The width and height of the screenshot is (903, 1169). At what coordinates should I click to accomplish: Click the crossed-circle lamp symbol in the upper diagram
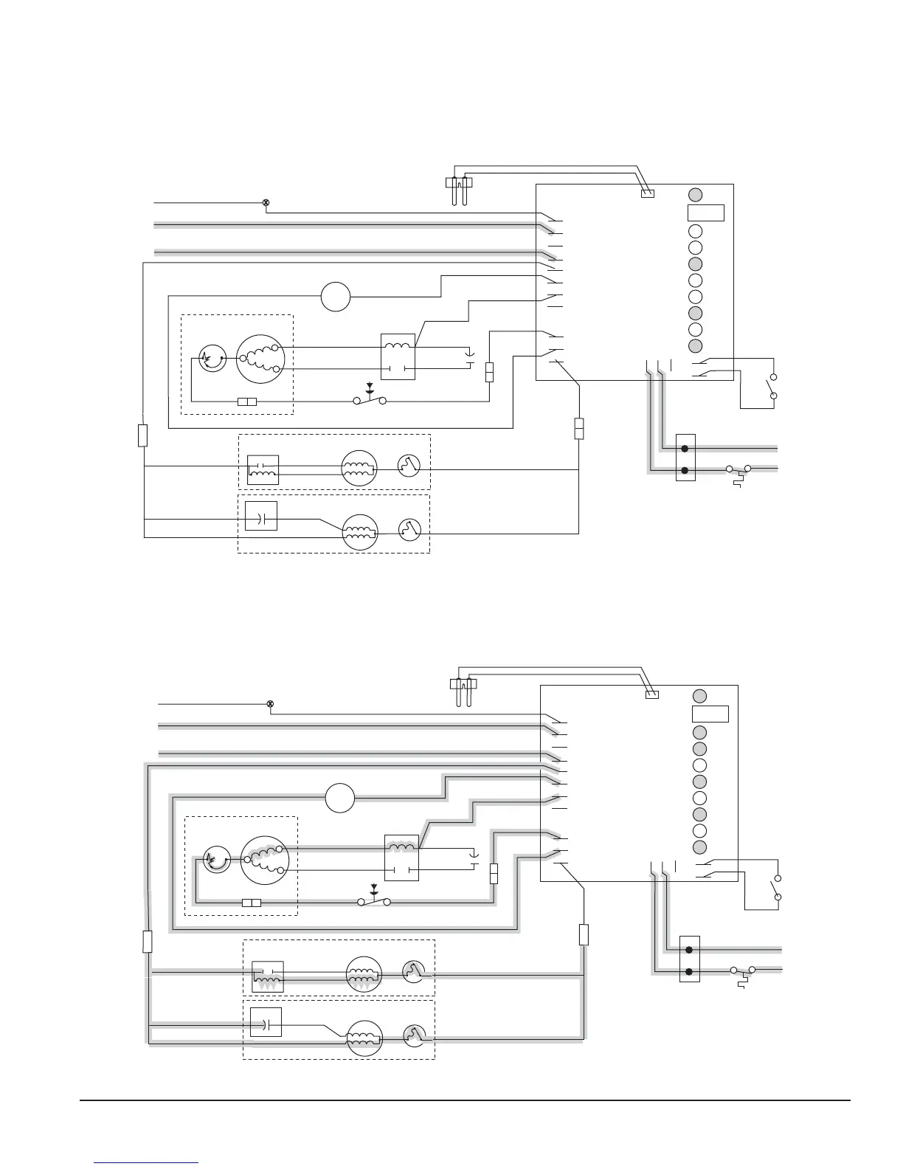[x=266, y=202]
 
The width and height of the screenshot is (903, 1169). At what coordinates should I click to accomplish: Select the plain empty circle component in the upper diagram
[x=336, y=297]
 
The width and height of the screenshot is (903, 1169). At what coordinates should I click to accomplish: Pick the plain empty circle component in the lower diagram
[x=340, y=798]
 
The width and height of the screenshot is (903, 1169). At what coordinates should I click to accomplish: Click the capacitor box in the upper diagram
[x=260, y=517]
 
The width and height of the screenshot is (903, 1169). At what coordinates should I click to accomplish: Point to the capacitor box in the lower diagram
[x=266, y=1022]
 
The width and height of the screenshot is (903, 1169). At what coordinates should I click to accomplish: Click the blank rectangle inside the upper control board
[x=706, y=213]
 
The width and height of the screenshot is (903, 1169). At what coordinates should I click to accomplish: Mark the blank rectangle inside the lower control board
[x=710, y=714]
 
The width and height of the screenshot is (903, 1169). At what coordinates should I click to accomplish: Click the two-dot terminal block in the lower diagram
[x=689, y=960]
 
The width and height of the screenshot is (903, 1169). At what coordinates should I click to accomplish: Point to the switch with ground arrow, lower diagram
[x=374, y=899]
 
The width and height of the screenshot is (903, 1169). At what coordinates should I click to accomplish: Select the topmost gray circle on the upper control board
[x=696, y=194]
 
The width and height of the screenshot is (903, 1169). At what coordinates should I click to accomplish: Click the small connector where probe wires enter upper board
[x=648, y=194]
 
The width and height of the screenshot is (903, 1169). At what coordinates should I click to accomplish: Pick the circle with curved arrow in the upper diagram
[x=212, y=359]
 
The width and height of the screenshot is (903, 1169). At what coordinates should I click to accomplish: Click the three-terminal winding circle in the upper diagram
[x=259, y=359]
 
